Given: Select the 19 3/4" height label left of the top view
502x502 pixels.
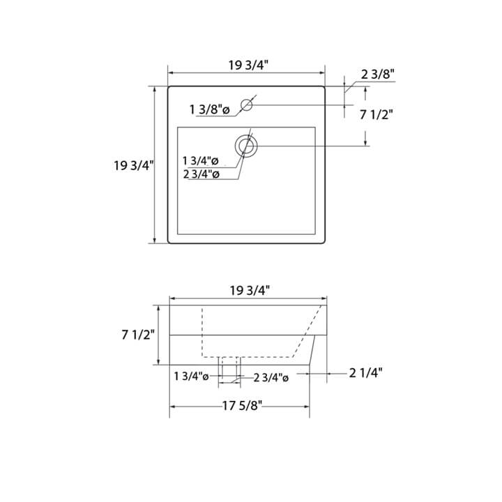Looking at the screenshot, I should [133, 165].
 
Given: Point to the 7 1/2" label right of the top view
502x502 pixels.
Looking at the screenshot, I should [376, 116].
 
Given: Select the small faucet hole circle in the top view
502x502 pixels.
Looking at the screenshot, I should [246, 105].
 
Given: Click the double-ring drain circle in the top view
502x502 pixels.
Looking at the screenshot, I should [245, 145].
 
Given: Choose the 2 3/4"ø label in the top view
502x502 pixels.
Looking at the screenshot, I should [201, 174].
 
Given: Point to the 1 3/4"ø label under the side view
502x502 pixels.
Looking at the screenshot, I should [192, 376].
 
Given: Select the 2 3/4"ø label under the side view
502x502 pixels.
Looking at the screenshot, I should [271, 377].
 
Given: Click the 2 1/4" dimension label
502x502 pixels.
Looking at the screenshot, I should [365, 373].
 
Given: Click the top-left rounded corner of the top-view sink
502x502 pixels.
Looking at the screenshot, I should [169, 88].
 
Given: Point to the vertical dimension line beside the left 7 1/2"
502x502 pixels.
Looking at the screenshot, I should [160, 335].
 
